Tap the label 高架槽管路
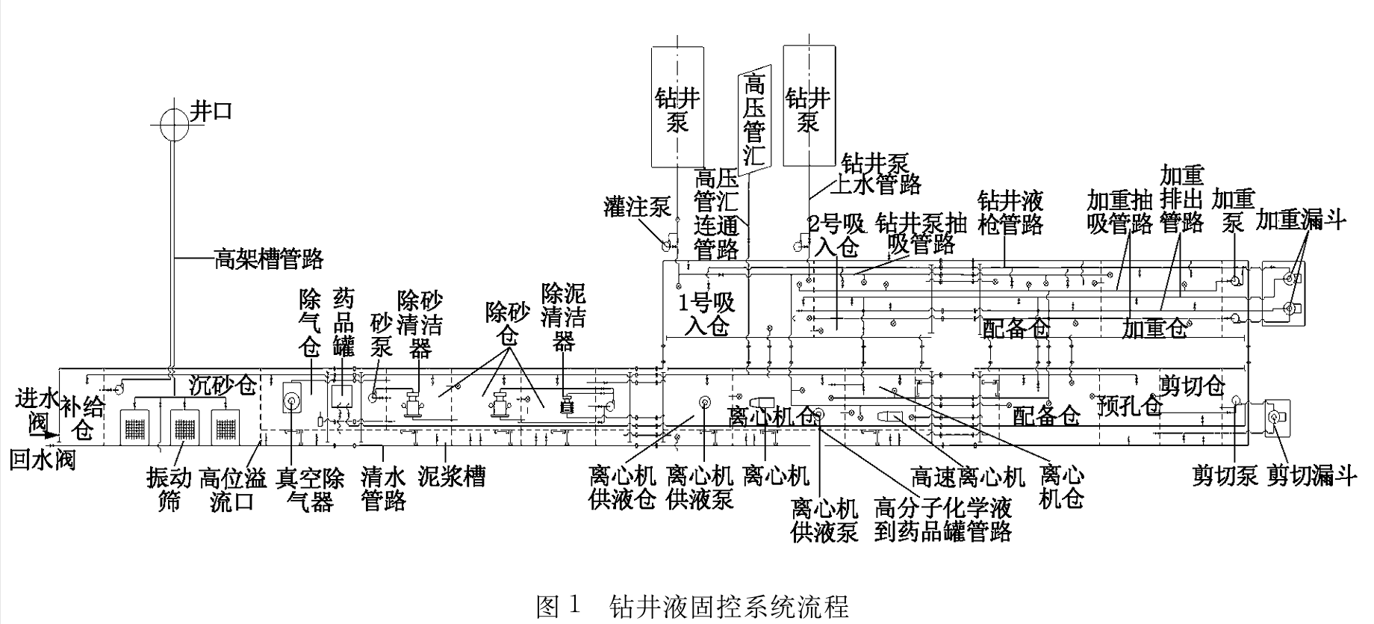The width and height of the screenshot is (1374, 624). tap(269, 259)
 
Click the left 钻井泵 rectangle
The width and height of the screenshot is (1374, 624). tap(677, 106)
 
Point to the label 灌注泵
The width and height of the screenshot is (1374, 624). tap(637, 207)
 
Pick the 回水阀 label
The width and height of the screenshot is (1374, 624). tap(43, 458)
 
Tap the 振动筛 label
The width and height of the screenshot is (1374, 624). tap(169, 489)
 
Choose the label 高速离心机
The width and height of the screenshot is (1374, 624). tap(968, 476)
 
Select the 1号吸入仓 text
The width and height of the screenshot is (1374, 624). tap(706, 315)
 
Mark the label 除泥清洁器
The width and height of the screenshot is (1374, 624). tap(563, 317)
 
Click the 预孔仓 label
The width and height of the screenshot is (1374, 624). tap(1130, 406)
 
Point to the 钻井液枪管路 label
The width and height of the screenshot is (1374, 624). tap(1010, 212)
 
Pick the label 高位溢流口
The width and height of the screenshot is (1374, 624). tap(231, 489)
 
